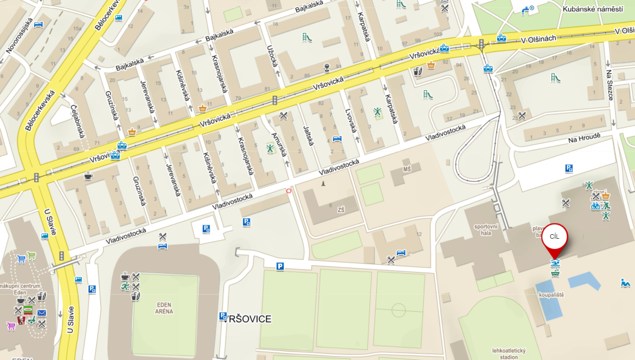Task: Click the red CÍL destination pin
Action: (554, 238)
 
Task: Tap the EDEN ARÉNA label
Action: (164, 308)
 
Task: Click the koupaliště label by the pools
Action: (551, 295)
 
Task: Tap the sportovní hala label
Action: (486, 229)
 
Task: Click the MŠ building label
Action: (407, 170)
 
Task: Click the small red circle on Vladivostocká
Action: (288, 191)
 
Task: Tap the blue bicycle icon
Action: (595, 206)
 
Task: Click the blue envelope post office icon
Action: (42, 313)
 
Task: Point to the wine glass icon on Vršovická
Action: (327, 68)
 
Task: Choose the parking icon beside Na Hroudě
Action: (569, 168)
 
